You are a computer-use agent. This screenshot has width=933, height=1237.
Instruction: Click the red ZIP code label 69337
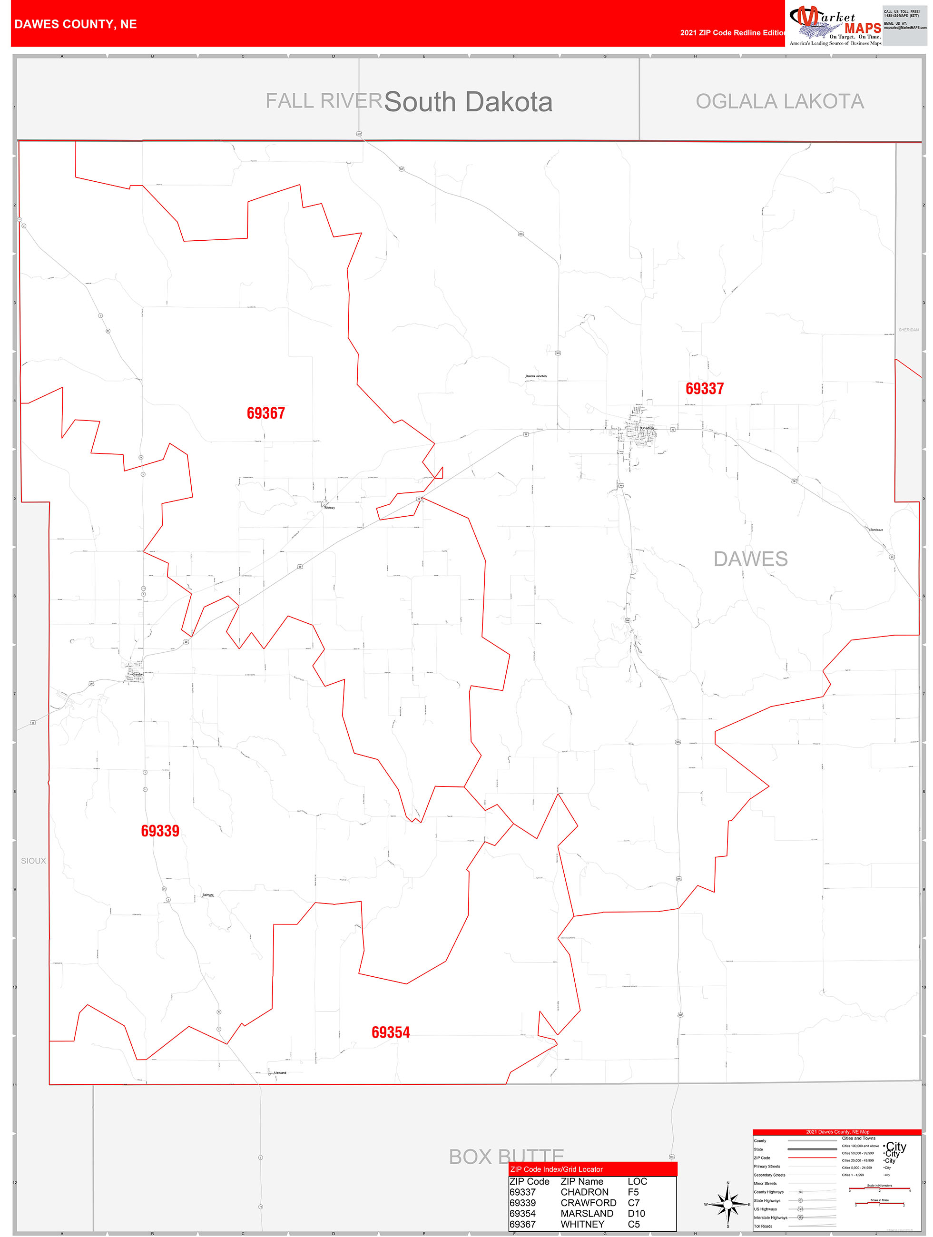pyautogui.click(x=704, y=389)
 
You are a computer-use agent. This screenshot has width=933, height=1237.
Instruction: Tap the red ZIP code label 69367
pyautogui.click(x=265, y=413)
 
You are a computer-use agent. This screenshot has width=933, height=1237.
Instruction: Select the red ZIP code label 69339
pyautogui.click(x=160, y=831)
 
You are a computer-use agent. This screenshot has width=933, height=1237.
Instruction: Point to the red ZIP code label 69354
pyautogui.click(x=391, y=1032)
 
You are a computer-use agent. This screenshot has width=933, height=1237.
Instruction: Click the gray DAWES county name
pyautogui.click(x=750, y=559)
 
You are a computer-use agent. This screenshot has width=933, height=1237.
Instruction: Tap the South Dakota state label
pyautogui.click(x=468, y=102)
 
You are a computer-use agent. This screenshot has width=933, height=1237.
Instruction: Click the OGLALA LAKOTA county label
pyautogui.click(x=780, y=101)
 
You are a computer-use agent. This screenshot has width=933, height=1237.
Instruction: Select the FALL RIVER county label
pyautogui.click(x=324, y=101)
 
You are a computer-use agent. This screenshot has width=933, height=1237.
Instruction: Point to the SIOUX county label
pyautogui.click(x=34, y=861)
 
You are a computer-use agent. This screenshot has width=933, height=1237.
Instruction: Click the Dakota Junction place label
pyautogui.click(x=536, y=376)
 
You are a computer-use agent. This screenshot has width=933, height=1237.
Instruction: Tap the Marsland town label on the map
pyautogui.click(x=280, y=1072)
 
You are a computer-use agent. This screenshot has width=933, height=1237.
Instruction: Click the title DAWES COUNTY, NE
pyautogui.click(x=76, y=24)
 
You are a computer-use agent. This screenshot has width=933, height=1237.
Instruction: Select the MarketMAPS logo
pyautogui.click(x=835, y=25)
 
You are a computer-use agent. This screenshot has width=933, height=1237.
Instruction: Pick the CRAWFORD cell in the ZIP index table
pyautogui.click(x=588, y=1202)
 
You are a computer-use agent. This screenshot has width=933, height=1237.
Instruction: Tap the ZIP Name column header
pyautogui.click(x=582, y=1181)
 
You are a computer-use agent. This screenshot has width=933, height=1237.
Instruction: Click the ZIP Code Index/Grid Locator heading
pyautogui.click(x=556, y=1169)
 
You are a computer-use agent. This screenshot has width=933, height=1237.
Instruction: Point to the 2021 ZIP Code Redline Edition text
pyautogui.click(x=733, y=32)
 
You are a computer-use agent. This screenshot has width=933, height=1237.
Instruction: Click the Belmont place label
pyautogui.click(x=208, y=895)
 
